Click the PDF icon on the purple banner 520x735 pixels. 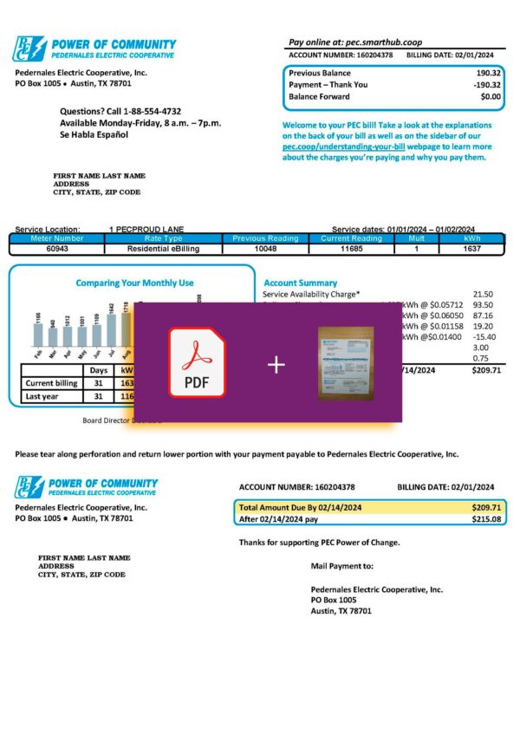(197, 361)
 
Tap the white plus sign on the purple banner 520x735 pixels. (276, 364)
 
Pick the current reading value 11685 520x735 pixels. (351, 248)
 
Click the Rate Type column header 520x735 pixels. (163, 238)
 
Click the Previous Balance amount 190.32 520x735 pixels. (489, 74)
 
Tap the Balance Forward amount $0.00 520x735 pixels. (491, 96)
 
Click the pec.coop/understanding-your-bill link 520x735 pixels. (346, 147)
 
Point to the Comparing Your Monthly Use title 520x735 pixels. (134, 283)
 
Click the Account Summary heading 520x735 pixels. (300, 283)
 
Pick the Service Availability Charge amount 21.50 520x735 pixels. (483, 295)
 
